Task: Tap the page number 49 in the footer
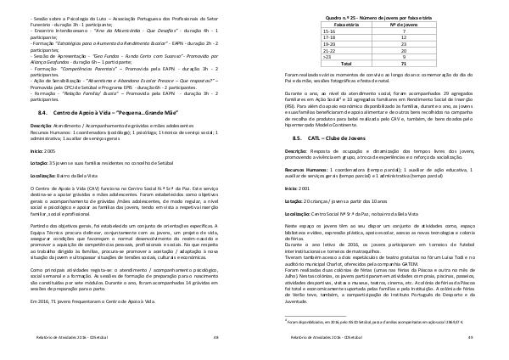coord(468,338)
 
